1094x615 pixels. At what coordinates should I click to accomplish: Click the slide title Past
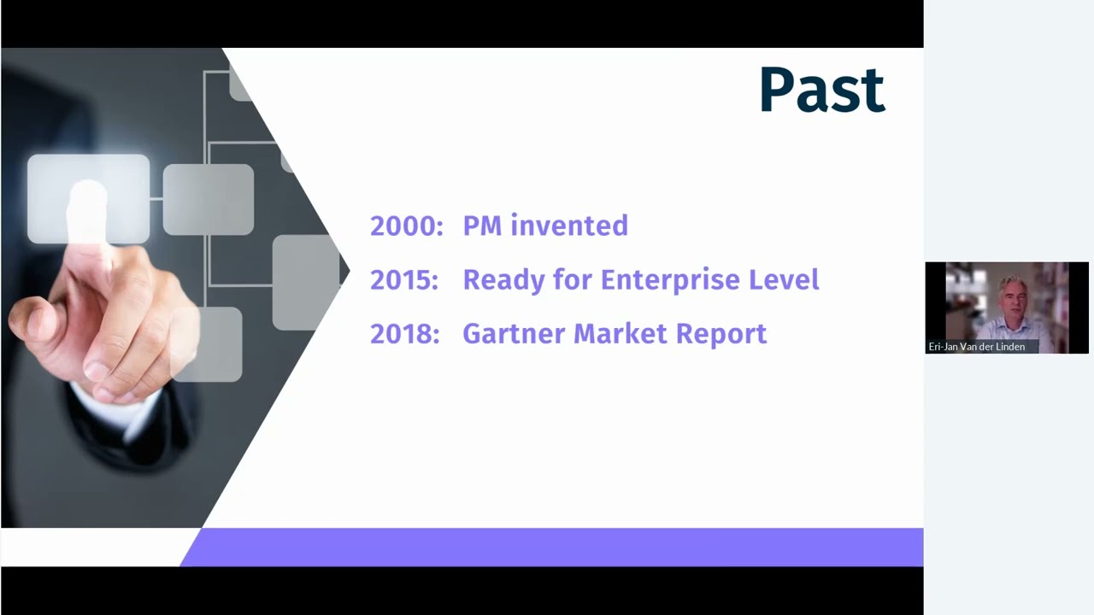click(x=821, y=91)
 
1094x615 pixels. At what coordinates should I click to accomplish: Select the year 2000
click(x=405, y=226)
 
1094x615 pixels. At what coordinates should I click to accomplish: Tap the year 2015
click(x=403, y=280)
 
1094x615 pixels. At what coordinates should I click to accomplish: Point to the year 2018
click(x=403, y=334)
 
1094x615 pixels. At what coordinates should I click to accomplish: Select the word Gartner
click(x=513, y=334)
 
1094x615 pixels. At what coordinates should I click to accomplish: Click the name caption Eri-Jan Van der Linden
click(x=976, y=347)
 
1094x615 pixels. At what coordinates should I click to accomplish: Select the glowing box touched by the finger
click(x=88, y=198)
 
